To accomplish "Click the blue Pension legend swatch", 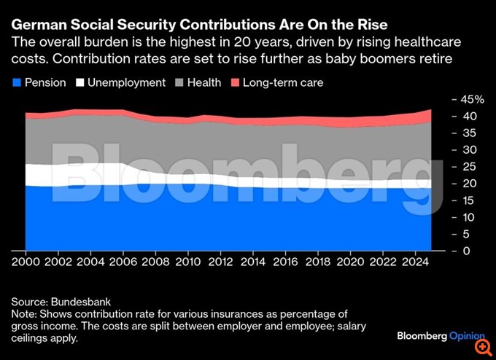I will pos(17,83).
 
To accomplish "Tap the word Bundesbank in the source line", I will pos(83,301).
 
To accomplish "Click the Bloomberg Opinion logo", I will pos(441,336).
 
